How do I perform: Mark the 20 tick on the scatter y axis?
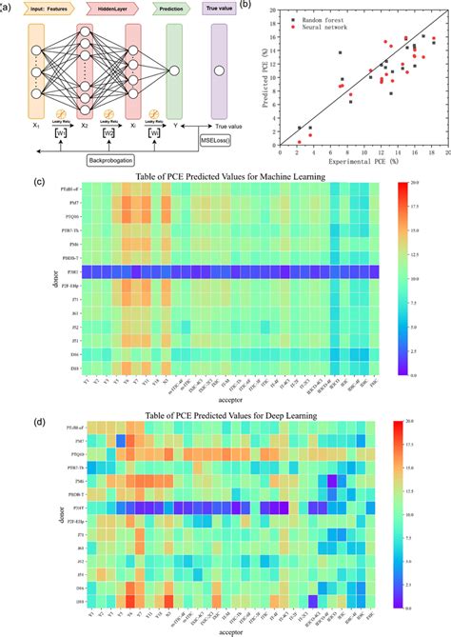tap(274, 10)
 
